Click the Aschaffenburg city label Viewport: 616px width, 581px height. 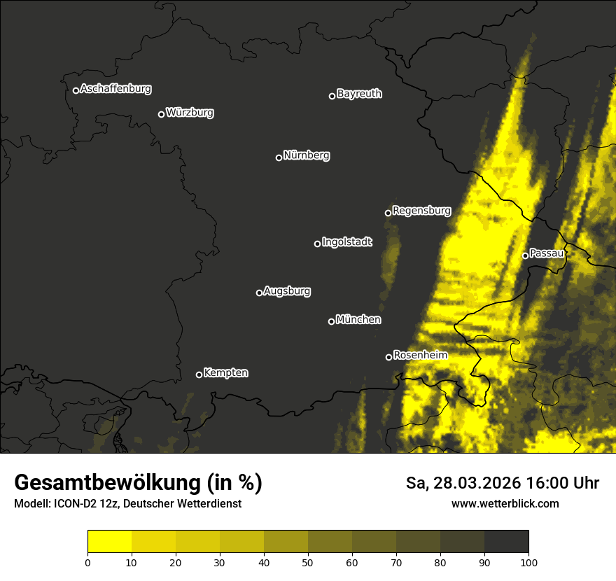coord(115,89)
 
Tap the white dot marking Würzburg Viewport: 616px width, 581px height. coord(161,114)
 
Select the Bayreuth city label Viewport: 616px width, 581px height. coord(359,94)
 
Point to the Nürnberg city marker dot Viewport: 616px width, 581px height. coord(279,157)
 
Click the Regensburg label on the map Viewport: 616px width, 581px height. coord(421,210)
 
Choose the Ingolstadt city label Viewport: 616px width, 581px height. coord(347,242)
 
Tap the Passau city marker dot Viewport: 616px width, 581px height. coord(525,255)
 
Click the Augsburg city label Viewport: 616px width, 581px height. coord(287,291)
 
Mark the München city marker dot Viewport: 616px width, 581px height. coord(332,321)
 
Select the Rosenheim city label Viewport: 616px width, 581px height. coord(420,355)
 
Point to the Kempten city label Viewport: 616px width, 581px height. coord(225,373)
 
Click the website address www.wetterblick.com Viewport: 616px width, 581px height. coord(505,503)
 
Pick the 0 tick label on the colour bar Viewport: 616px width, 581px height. coord(87,561)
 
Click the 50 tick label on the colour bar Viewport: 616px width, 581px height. coord(308,561)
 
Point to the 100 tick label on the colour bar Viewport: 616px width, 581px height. coord(528,561)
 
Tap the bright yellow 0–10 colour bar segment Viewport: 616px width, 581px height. coord(110,541)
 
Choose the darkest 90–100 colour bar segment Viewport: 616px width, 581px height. coord(506,541)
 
